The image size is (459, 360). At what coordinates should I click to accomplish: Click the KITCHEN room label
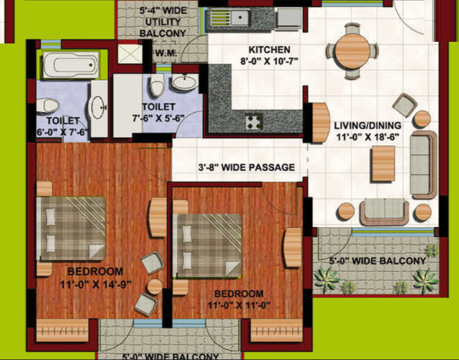269,50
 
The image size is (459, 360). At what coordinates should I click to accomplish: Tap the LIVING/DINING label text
366,126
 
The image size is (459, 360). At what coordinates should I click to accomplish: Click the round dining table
352,51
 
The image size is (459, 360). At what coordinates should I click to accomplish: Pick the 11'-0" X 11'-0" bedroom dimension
239,306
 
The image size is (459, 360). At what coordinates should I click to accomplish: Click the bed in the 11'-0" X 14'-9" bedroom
71,227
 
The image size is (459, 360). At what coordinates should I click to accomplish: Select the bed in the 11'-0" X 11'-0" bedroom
208,245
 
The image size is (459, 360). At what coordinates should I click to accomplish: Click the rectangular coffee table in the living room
382,163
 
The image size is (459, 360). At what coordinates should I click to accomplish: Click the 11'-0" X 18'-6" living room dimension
367,137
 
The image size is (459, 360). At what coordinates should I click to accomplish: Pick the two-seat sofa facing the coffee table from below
384,212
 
